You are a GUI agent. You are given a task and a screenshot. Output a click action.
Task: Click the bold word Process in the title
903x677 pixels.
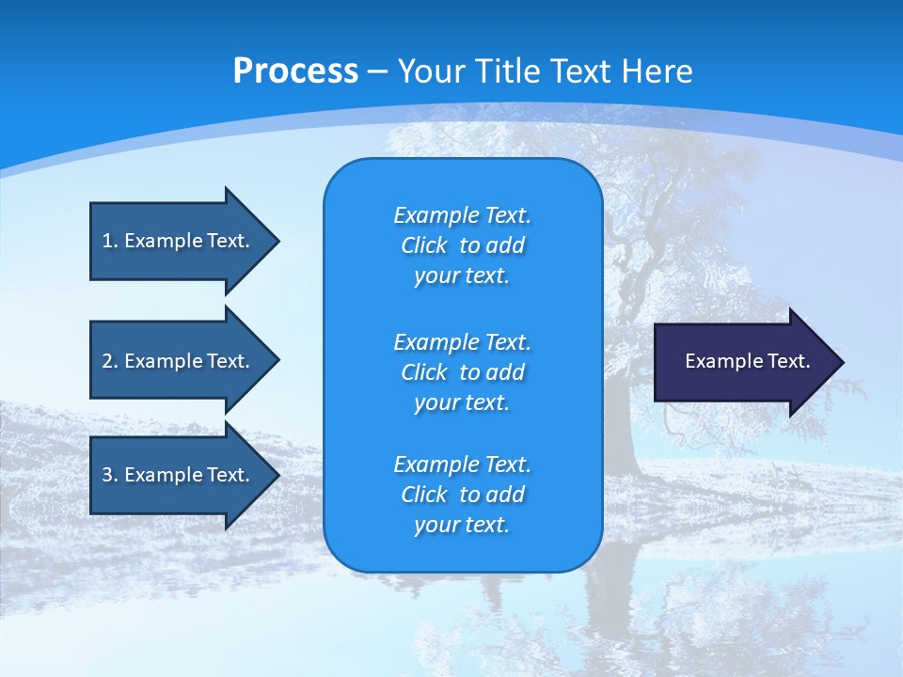[x=295, y=71]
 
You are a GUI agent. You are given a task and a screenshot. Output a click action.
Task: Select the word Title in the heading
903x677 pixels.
[x=506, y=71]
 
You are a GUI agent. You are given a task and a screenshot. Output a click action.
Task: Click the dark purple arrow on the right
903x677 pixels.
[x=743, y=362]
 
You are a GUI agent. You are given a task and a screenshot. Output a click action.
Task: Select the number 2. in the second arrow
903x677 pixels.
[x=110, y=361]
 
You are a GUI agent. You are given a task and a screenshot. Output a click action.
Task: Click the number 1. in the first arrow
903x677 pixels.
[x=110, y=241]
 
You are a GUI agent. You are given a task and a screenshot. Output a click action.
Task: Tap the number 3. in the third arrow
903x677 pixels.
[x=110, y=475]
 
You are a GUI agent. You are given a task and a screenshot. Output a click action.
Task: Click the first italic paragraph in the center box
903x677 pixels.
[x=462, y=245]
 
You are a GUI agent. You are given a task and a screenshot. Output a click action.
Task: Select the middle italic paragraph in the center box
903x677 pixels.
[x=462, y=371]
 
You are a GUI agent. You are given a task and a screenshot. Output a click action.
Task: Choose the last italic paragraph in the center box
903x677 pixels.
[x=462, y=495]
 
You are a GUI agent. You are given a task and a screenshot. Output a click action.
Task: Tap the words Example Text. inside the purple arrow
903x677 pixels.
[x=747, y=361]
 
